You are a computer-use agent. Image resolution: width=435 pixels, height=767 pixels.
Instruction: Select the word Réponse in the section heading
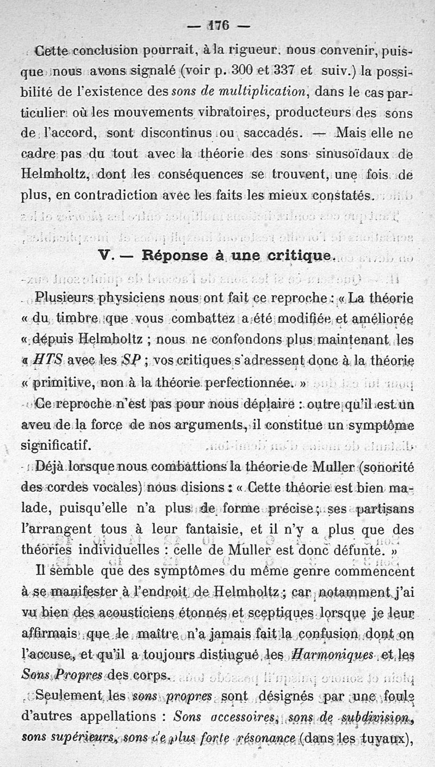[x=174, y=256]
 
